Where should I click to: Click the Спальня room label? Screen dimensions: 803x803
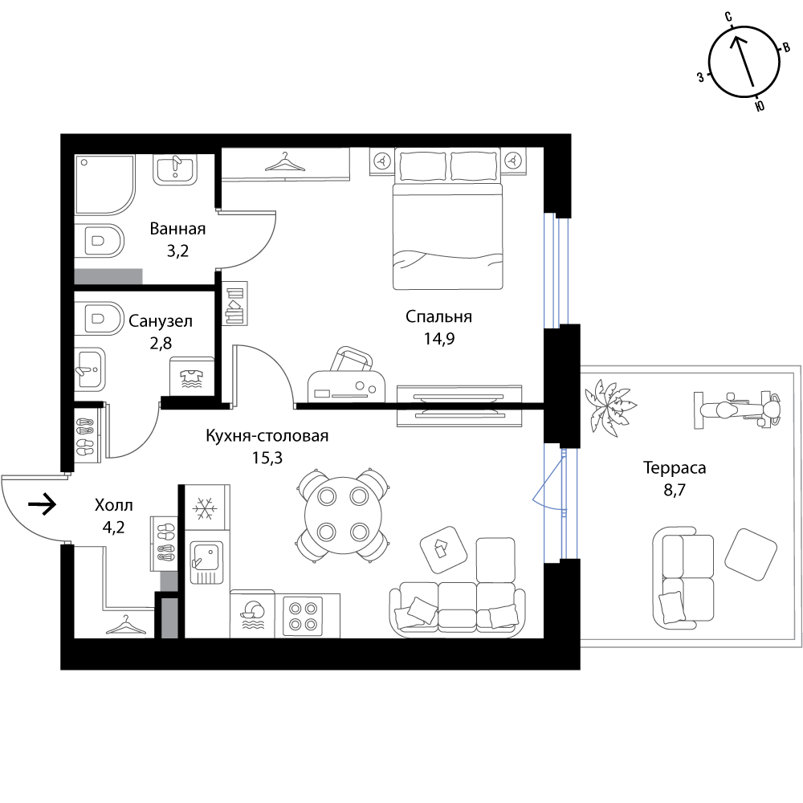pyautogui.click(x=438, y=317)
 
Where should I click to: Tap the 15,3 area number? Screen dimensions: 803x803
pyautogui.click(x=267, y=458)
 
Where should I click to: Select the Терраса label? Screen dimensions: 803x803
pyautogui.click(x=675, y=467)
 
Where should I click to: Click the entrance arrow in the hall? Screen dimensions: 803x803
pyautogui.click(x=42, y=504)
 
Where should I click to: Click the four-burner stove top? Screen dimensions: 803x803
pyautogui.click(x=303, y=616)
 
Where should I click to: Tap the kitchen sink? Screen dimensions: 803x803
pyautogui.click(x=207, y=563)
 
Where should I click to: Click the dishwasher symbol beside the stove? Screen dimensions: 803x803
pyautogui.click(x=252, y=616)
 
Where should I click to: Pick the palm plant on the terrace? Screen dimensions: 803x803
pyautogui.click(x=609, y=408)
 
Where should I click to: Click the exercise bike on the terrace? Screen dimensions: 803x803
pyautogui.click(x=737, y=410)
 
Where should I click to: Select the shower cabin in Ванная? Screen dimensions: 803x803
pyautogui.click(x=105, y=185)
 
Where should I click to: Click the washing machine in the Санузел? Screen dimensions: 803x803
pyautogui.click(x=192, y=377)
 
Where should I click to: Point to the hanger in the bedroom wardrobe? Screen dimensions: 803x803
pyautogui.click(x=285, y=162)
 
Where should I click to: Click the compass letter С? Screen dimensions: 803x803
pyautogui.click(x=728, y=18)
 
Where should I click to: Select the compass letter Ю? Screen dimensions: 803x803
pyautogui.click(x=760, y=106)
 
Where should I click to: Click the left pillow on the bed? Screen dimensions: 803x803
pyautogui.click(x=422, y=165)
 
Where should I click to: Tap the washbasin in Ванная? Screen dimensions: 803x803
pyautogui.click(x=174, y=170)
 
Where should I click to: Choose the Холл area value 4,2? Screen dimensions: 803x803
pyautogui.click(x=113, y=527)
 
